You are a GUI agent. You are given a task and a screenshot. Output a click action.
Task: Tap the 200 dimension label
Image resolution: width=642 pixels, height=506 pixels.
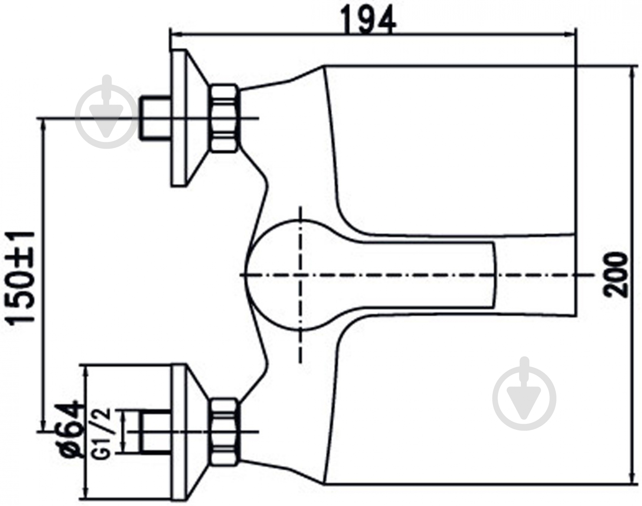coord(616,275)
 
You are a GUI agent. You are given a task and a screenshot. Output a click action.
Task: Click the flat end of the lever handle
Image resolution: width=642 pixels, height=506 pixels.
coord(494,275)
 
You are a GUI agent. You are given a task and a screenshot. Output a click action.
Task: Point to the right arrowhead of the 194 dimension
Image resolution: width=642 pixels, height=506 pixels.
coord(571,34)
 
